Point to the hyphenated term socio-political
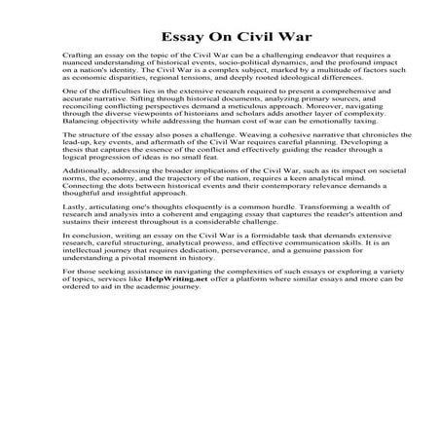pyautogui.click(x=221, y=70)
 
